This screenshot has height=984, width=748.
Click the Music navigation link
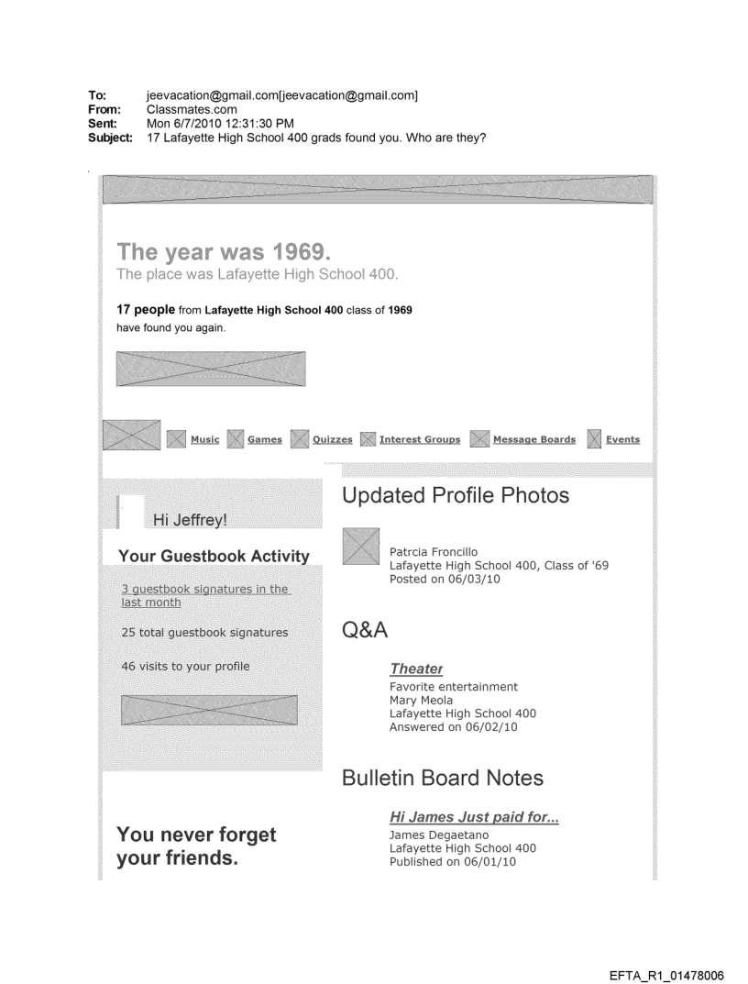[204, 439]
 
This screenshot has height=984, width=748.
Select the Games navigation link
[265, 439]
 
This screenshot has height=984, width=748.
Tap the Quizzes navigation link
[332, 439]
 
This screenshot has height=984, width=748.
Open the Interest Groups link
[420, 439]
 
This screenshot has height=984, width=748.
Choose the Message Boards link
[534, 439]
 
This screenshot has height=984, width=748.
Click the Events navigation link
[622, 439]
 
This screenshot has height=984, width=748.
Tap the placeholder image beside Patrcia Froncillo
[360, 546]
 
